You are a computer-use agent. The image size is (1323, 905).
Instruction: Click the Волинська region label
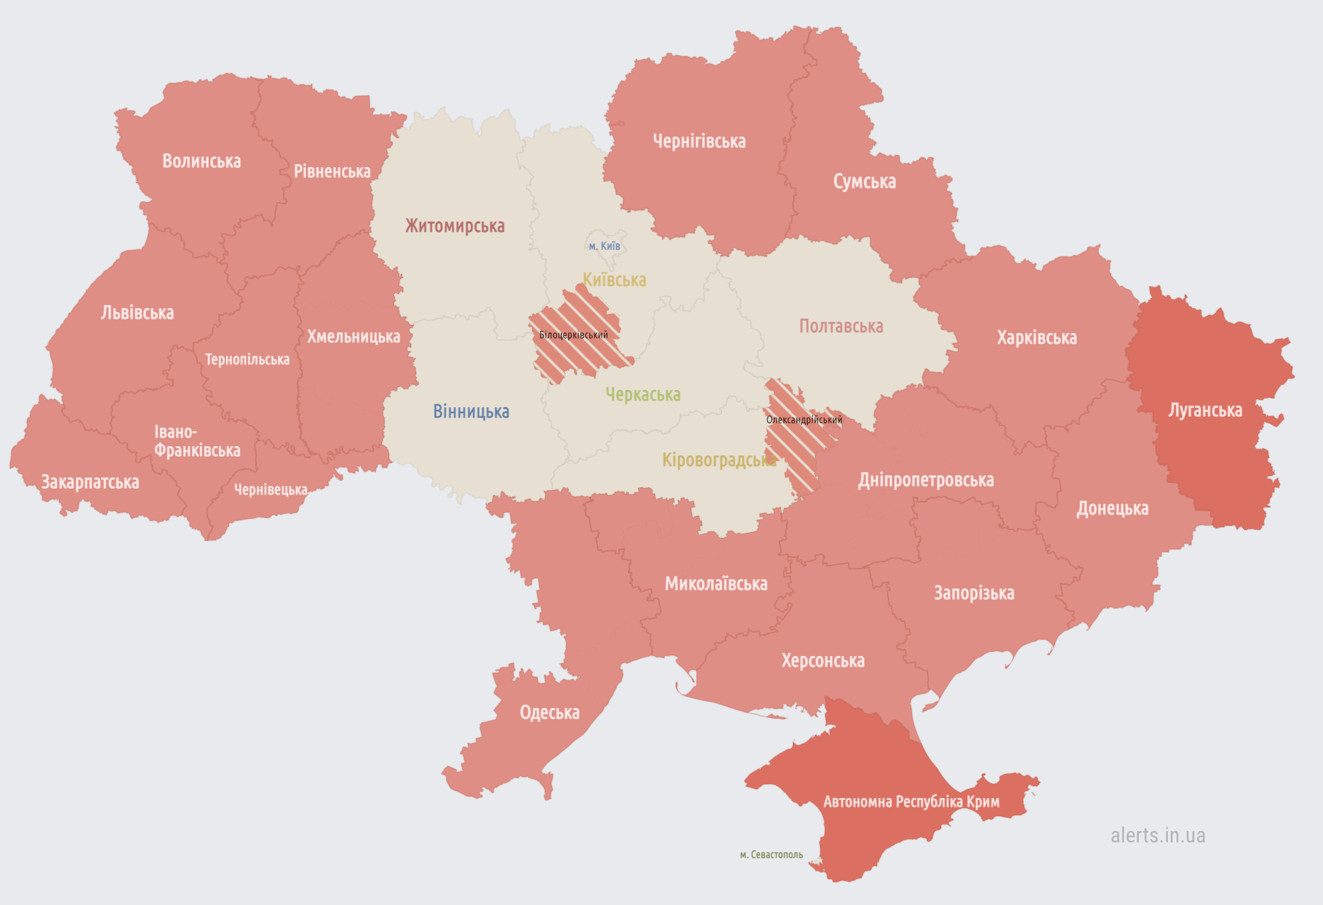(201, 162)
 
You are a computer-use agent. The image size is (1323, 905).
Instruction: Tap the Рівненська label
(332, 171)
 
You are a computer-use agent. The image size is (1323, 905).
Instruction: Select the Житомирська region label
(455, 226)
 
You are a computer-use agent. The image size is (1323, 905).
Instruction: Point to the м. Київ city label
(605, 246)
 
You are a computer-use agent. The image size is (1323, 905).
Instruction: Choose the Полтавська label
(841, 327)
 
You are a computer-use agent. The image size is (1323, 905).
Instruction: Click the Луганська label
(1205, 411)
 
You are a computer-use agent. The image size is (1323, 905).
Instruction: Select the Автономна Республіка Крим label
(911, 802)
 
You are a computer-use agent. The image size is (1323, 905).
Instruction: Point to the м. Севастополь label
(771, 854)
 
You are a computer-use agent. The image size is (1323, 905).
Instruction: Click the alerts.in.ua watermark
(1157, 835)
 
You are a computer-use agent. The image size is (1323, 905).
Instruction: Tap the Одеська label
(549, 712)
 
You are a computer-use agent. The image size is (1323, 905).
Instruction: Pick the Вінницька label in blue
(471, 411)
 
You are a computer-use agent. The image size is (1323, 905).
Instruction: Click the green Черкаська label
(643, 394)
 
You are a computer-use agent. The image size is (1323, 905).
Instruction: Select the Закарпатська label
(90, 482)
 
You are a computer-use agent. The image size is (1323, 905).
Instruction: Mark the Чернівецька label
(270, 489)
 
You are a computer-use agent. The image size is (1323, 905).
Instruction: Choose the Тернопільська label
(247, 359)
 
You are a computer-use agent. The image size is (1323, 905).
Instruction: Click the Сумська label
(864, 182)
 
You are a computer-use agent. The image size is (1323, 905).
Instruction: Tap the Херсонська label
(823, 661)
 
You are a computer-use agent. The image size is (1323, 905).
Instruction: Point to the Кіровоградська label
(718, 460)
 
